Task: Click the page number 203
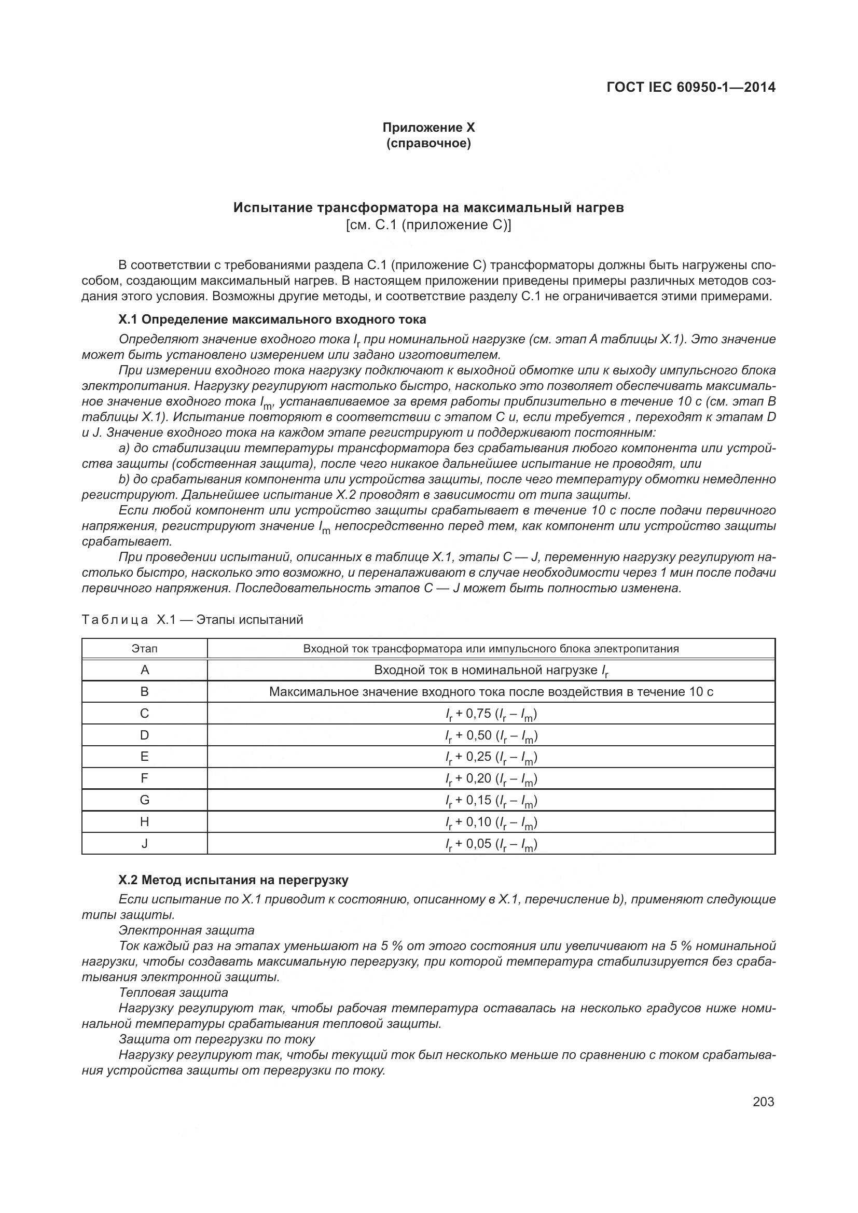tap(763, 1102)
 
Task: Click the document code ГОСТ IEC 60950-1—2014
tap(690, 87)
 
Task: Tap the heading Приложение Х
tap(428, 128)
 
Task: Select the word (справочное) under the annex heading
tap(428, 143)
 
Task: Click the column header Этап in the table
tap(144, 649)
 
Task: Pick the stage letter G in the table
tap(144, 800)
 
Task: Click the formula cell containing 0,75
tap(491, 714)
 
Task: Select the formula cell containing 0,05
tap(491, 844)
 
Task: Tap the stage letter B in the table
tap(144, 692)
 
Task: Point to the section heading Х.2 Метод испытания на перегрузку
tap(233, 880)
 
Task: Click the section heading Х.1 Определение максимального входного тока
tap(272, 319)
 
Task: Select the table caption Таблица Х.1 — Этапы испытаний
tap(192, 620)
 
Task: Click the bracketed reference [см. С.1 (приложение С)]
tap(428, 226)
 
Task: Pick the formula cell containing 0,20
tap(491, 779)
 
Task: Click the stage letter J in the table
tap(144, 844)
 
